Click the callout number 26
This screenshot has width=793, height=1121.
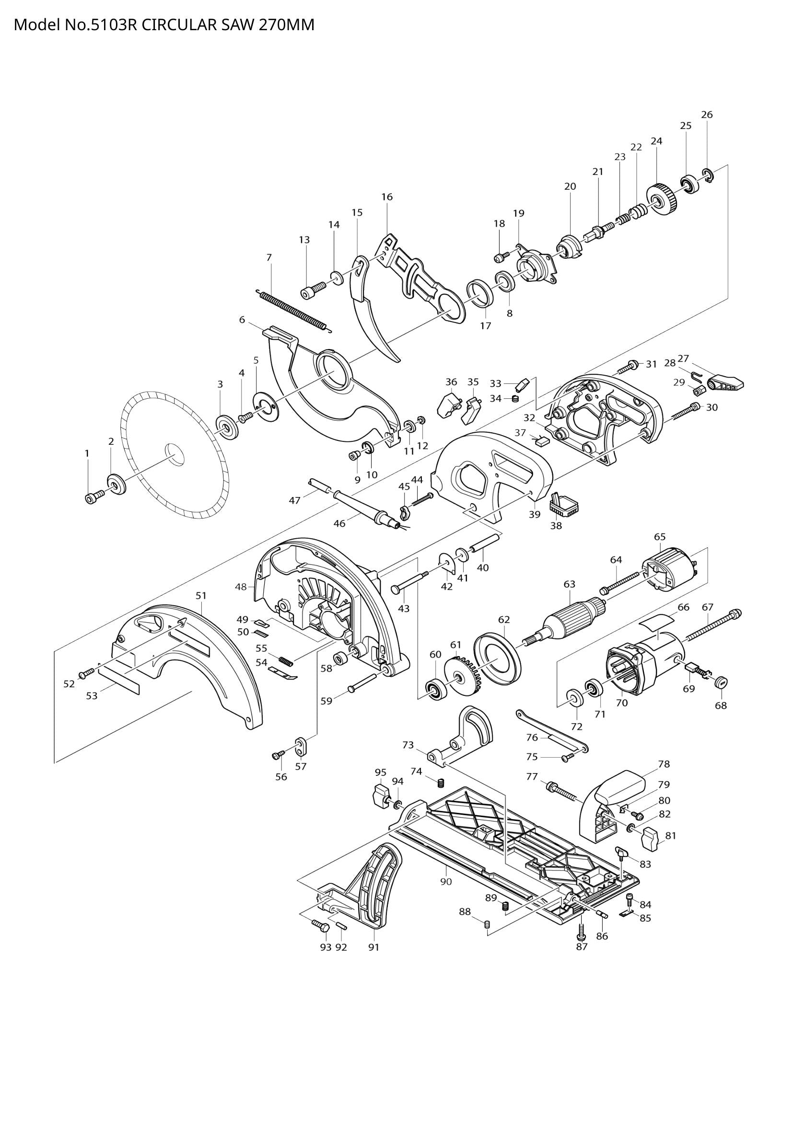pyautogui.click(x=707, y=115)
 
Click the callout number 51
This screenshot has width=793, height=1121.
pyautogui.click(x=201, y=596)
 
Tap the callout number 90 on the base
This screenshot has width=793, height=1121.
pyautogui.click(x=446, y=882)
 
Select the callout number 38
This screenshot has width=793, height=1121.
pyautogui.click(x=556, y=526)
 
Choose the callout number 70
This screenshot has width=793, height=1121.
pyautogui.click(x=622, y=703)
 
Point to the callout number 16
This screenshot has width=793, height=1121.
pyautogui.click(x=387, y=197)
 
